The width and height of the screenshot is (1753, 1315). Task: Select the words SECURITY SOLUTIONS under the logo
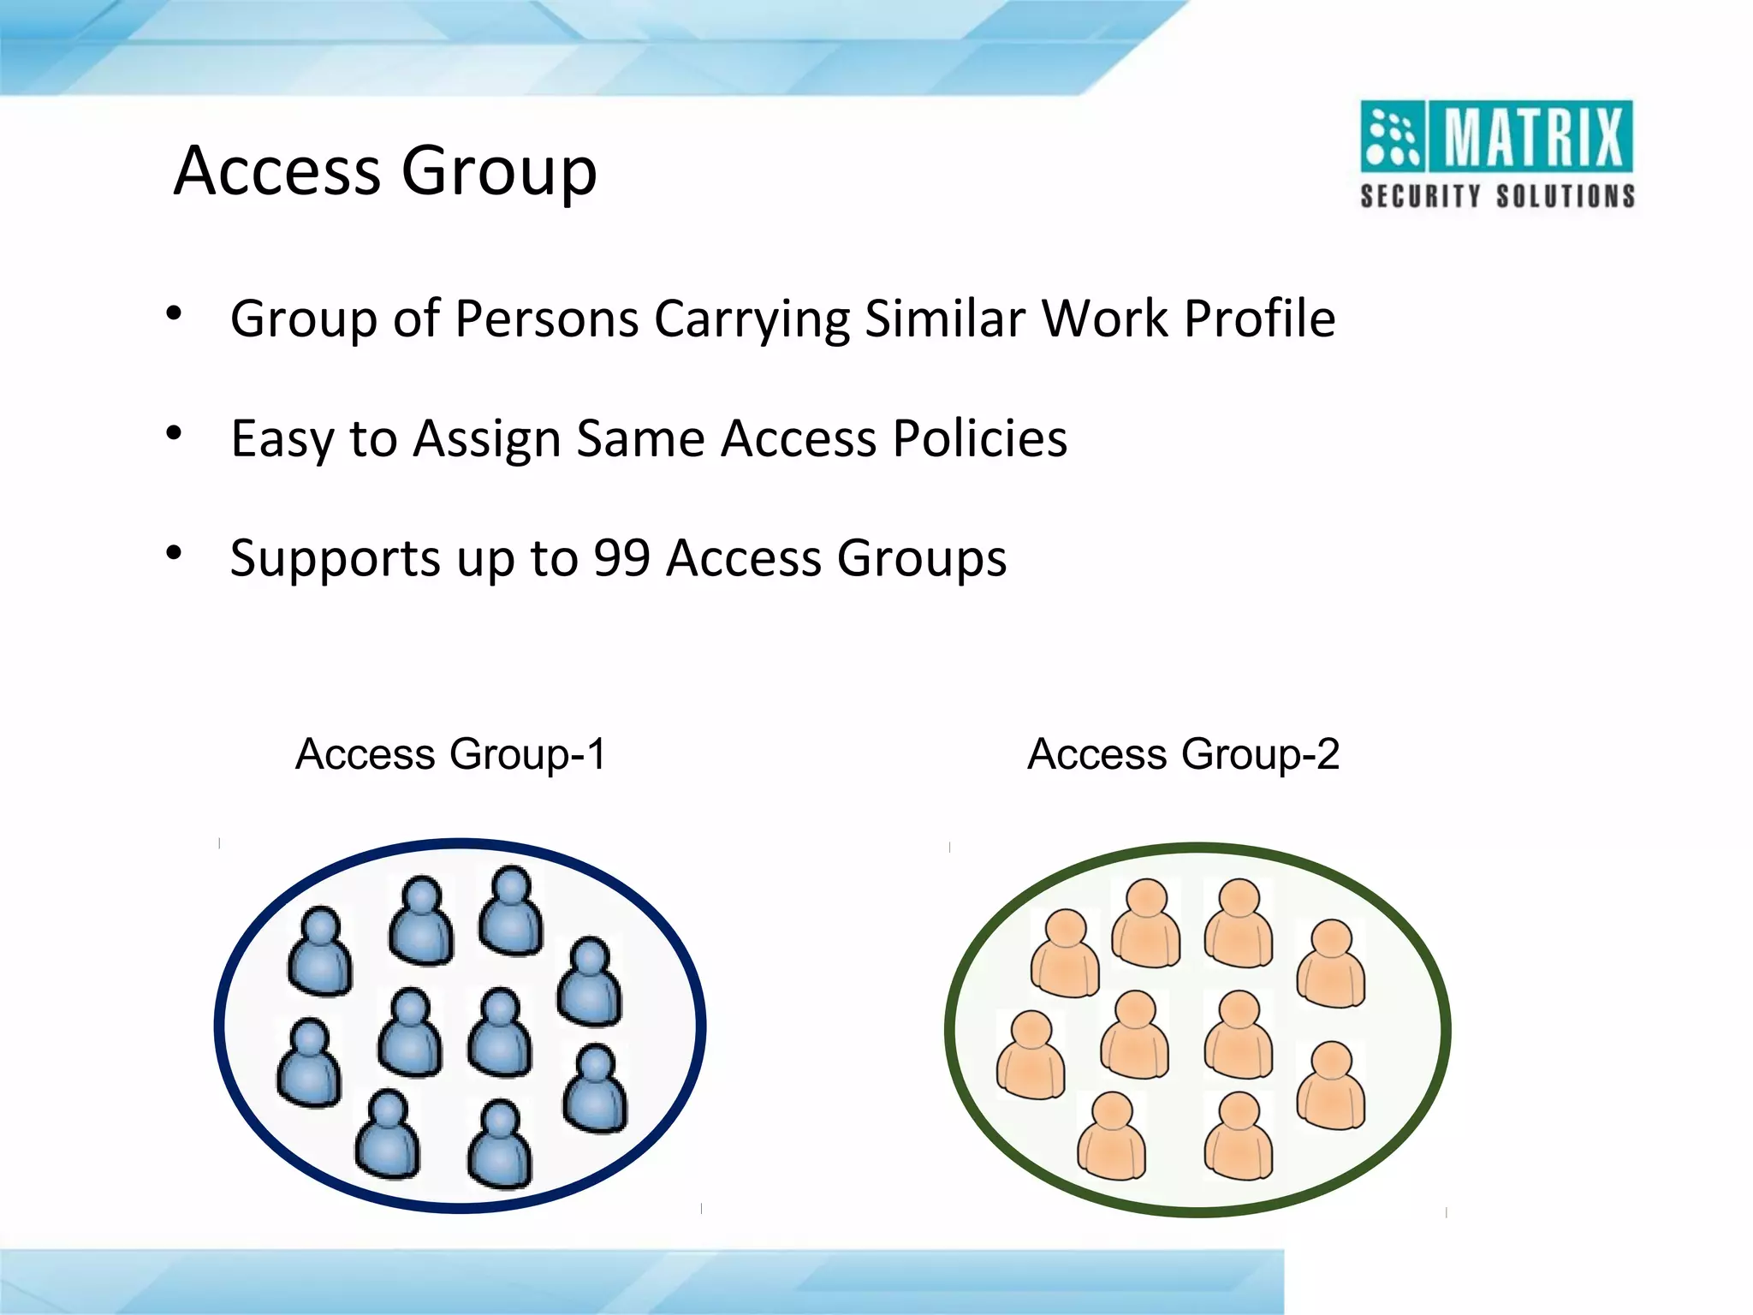pyautogui.click(x=1497, y=196)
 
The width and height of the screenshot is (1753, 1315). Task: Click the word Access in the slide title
pyautogui.click(x=277, y=170)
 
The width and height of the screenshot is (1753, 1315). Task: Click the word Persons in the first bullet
pyautogui.click(x=547, y=319)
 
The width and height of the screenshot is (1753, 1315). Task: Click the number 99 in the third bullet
pyautogui.click(x=622, y=558)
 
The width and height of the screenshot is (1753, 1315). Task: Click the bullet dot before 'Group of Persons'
pyautogui.click(x=175, y=314)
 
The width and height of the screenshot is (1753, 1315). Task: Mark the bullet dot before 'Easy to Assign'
pyautogui.click(x=175, y=434)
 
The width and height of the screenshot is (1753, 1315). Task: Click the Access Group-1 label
pyautogui.click(x=450, y=754)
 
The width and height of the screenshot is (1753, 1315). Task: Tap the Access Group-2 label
pyautogui.click(x=1183, y=754)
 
